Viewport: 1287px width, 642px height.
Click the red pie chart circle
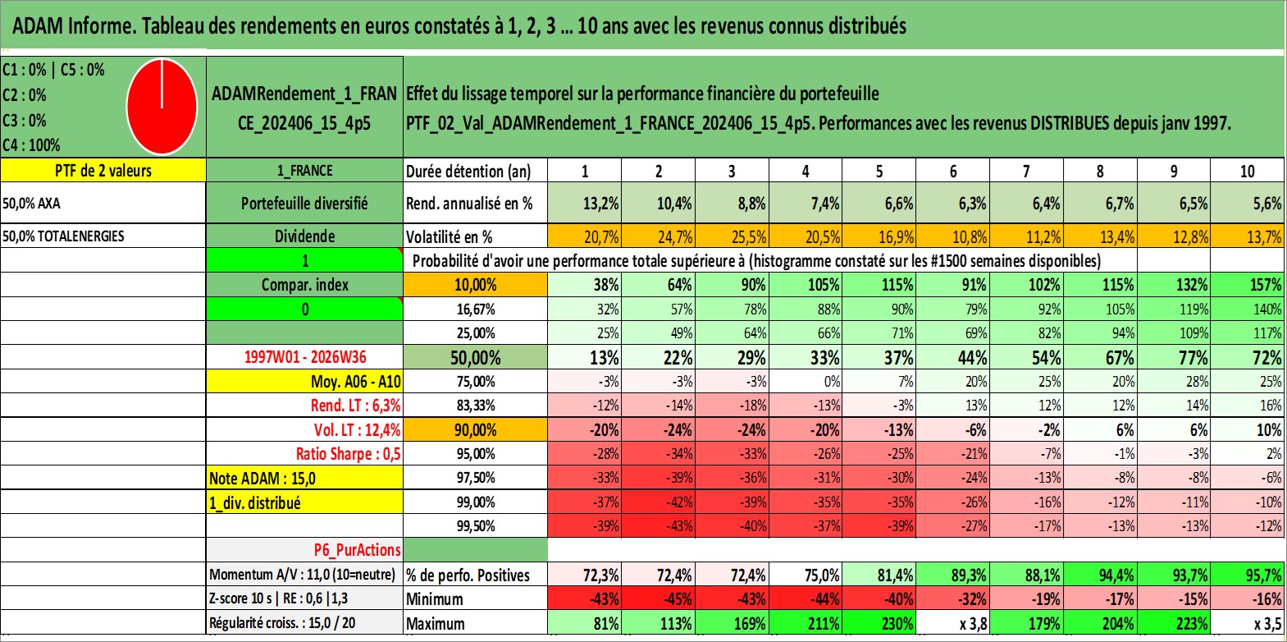tap(162, 107)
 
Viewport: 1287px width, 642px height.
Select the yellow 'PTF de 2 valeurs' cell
tap(103, 170)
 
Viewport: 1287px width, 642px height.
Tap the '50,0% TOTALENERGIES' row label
tap(63, 236)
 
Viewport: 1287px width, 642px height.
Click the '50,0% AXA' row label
tap(31, 203)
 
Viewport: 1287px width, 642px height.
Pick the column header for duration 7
tap(1026, 171)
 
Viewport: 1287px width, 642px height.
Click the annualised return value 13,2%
tap(600, 203)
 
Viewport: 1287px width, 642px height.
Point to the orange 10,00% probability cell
tap(475, 285)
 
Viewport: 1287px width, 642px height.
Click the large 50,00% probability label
tap(475, 358)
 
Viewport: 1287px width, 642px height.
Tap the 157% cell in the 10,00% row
tap(1266, 285)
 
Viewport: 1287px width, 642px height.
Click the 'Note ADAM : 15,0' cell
tap(262, 479)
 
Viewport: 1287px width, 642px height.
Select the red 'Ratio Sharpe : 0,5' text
tap(348, 454)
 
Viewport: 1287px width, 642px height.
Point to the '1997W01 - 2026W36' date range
tap(305, 356)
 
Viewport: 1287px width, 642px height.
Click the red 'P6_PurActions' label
tap(357, 550)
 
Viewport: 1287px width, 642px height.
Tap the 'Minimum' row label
tap(435, 598)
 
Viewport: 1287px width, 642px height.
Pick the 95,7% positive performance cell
tap(1263, 575)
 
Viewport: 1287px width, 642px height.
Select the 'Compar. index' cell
tap(304, 285)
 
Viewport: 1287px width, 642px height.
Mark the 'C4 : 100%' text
tap(31, 145)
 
